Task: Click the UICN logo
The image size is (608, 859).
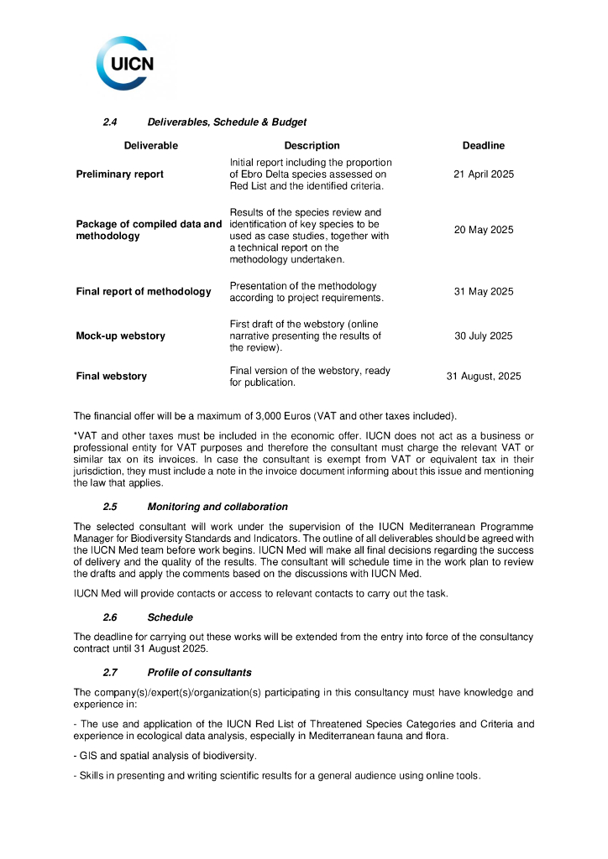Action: click(x=125, y=63)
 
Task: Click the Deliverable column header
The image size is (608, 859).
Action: click(x=150, y=146)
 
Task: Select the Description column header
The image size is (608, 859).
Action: click(x=312, y=146)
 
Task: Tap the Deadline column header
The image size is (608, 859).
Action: click(x=483, y=146)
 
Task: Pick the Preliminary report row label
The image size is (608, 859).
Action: click(x=119, y=174)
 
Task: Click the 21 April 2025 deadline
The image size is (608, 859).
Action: click(x=483, y=174)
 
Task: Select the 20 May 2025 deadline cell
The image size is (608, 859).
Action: click(x=483, y=230)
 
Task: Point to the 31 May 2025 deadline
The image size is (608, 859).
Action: click(x=483, y=292)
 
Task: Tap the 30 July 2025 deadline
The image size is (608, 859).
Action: click(x=483, y=336)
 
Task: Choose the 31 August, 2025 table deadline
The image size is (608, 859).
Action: click(x=483, y=377)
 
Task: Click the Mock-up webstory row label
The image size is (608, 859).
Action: click(x=120, y=336)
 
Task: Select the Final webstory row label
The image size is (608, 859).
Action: click(x=111, y=377)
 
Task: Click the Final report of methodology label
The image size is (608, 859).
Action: click(x=144, y=292)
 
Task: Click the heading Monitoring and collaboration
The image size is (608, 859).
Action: click(x=217, y=507)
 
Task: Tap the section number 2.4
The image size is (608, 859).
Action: click(x=109, y=122)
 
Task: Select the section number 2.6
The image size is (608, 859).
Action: click(x=109, y=617)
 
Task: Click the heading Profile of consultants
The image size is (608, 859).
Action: click(x=199, y=673)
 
